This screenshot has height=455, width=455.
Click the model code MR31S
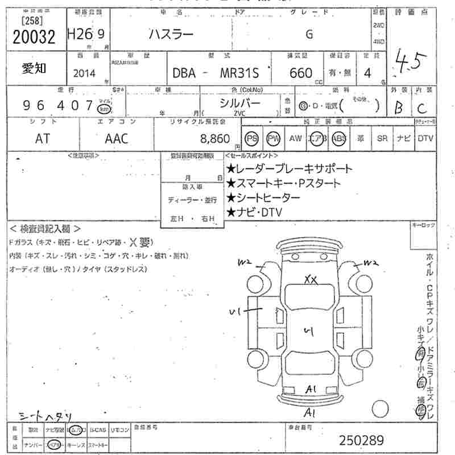(232, 73)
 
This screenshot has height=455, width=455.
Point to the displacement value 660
(301, 73)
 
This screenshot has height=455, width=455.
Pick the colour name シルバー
(240, 103)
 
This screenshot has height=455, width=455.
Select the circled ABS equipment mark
(340, 138)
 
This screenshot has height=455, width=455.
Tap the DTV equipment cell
(425, 138)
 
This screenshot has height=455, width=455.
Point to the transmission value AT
(43, 138)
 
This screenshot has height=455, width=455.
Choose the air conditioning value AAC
(117, 138)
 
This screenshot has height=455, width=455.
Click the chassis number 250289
(362, 440)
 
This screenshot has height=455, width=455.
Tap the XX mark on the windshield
(311, 279)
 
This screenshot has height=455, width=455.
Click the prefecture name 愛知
(35, 68)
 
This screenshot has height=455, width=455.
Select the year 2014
(85, 73)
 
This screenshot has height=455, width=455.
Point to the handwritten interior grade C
(421, 107)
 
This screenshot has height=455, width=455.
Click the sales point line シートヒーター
(263, 197)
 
